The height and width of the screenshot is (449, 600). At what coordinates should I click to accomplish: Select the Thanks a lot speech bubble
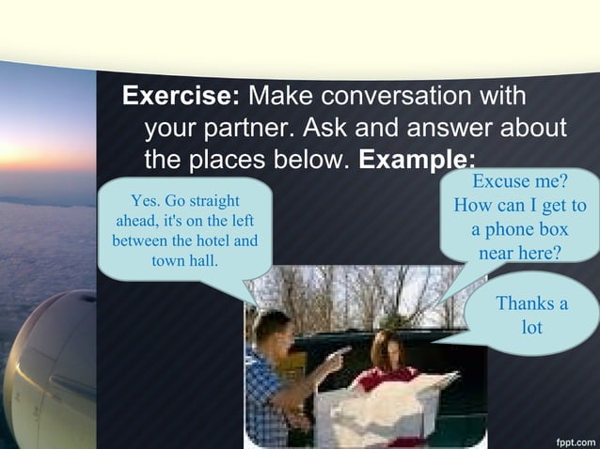point(531,316)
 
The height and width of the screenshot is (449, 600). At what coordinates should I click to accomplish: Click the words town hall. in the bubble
point(184,259)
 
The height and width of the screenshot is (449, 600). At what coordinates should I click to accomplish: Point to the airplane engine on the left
point(42,366)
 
